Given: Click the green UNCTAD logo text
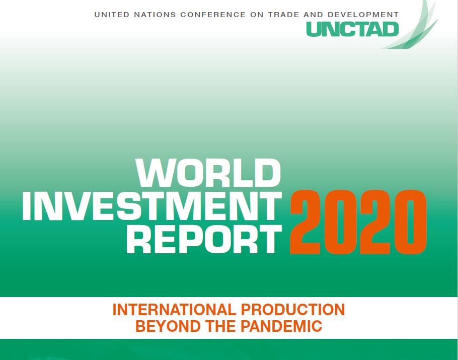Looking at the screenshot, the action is (352, 29).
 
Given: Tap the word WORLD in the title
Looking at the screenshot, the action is (208, 173).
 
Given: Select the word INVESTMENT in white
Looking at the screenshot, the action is (152, 206).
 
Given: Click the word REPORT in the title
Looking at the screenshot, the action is (204, 239).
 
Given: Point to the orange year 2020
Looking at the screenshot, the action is (358, 222).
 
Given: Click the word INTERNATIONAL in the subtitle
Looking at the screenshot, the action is (174, 310).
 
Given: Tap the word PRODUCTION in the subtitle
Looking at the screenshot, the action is (293, 310).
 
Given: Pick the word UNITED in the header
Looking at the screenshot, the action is (112, 15).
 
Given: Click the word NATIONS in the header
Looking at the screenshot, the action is (155, 15).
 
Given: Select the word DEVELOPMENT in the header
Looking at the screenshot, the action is (363, 15).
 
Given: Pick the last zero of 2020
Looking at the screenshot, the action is (411, 222).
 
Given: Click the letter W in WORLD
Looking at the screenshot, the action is (155, 173).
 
